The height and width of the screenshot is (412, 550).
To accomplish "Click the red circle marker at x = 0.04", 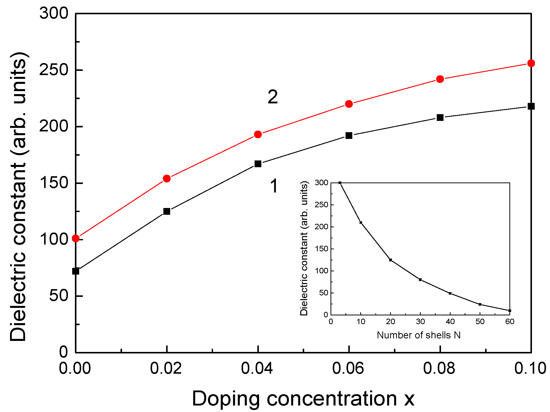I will click(x=258, y=134).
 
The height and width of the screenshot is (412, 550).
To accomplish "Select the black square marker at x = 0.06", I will click(x=349, y=136).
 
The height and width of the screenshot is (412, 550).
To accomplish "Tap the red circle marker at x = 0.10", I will click(x=531, y=63).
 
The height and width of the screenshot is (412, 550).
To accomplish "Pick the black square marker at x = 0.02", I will click(x=167, y=211).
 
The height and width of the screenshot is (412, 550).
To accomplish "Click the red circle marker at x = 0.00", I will click(x=76, y=239).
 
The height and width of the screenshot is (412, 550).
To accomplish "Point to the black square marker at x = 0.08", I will click(x=440, y=117).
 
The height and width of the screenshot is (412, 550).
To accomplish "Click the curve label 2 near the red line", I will click(x=273, y=97).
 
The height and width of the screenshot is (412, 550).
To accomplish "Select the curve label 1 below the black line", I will click(x=274, y=186).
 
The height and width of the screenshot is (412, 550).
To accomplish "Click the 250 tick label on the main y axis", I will click(x=54, y=70).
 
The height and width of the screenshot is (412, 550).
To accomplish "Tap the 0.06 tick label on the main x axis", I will click(x=348, y=368).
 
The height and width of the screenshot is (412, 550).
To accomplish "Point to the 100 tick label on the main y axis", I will click(x=54, y=239).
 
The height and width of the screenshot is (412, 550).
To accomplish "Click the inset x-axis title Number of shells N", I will click(x=419, y=335).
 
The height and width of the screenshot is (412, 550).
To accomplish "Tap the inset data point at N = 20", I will click(x=390, y=260).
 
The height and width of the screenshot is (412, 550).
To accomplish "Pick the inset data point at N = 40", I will click(x=450, y=293).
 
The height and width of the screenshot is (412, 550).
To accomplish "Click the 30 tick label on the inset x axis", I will click(x=420, y=322).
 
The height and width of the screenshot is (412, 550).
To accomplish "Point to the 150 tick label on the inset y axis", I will click(x=321, y=249).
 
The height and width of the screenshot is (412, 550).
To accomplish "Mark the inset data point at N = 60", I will click(x=510, y=311).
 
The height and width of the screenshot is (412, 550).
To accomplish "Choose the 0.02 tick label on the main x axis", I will click(x=166, y=368).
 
